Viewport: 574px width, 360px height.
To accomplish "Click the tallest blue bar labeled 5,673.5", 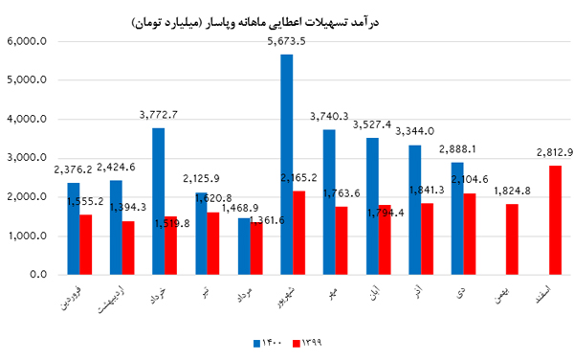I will pos(286,165).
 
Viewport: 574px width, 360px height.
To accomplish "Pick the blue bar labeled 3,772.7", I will pos(158,201).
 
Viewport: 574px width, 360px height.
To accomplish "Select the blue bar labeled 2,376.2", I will pos(73,229).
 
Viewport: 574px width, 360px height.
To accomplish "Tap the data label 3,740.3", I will pos(329,117).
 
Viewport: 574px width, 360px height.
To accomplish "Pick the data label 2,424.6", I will pos(116,167).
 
